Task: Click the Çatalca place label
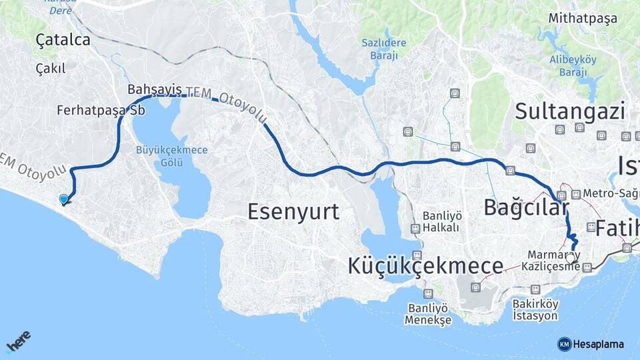(x=63, y=40)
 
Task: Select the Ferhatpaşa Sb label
(x=101, y=110)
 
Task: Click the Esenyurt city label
(x=293, y=212)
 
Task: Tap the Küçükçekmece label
(x=425, y=266)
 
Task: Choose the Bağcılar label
(x=526, y=207)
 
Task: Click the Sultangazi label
(x=570, y=111)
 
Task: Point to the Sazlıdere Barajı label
(x=384, y=49)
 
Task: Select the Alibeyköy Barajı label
(x=573, y=65)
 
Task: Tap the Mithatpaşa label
(x=583, y=18)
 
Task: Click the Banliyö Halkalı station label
(x=441, y=221)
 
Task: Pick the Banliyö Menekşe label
(x=428, y=314)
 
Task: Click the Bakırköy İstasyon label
(x=535, y=309)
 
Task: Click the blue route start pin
(x=63, y=199)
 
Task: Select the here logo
(x=19, y=341)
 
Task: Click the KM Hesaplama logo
(x=591, y=344)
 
